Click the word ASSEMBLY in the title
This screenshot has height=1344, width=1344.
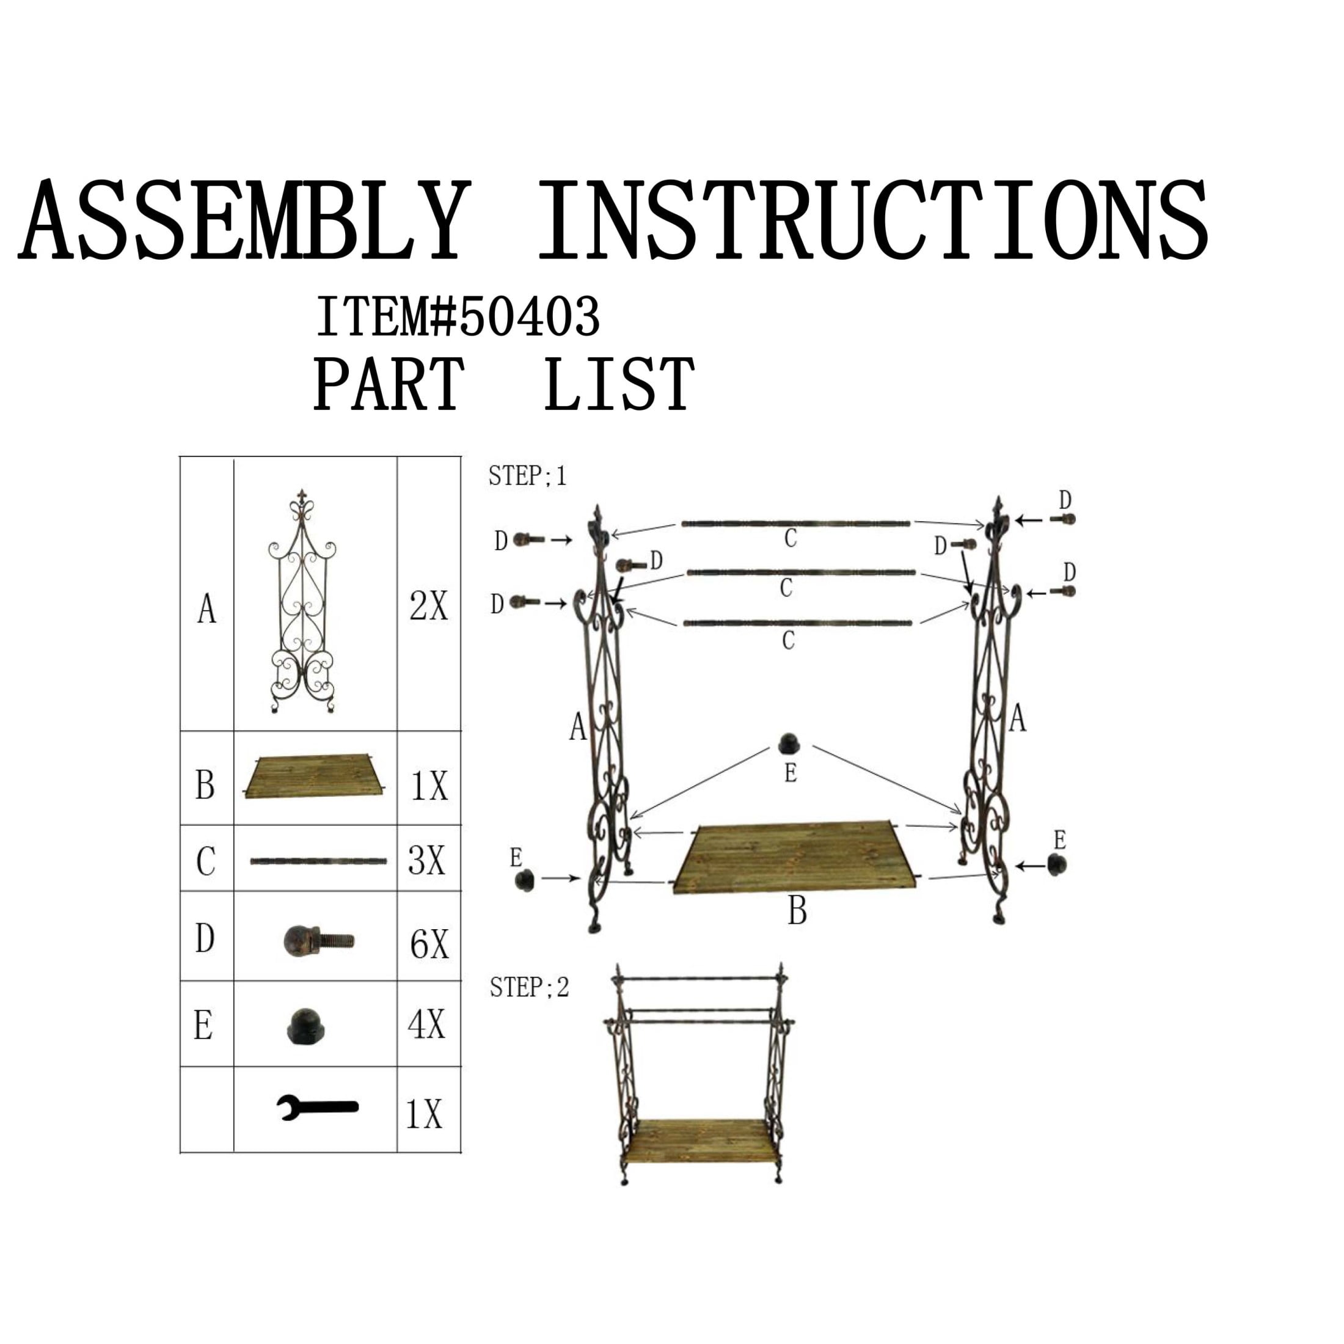[244, 221]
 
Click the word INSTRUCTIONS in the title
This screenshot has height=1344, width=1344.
[873, 221]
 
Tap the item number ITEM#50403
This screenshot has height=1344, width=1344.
[458, 316]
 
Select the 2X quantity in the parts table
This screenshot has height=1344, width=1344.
[428, 606]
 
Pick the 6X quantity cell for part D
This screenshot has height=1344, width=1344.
[429, 944]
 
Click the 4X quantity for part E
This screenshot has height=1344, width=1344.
[426, 1024]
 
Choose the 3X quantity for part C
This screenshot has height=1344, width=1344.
[426, 861]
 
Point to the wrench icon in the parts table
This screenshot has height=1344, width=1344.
[317, 1107]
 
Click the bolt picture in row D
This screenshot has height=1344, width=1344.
[319, 941]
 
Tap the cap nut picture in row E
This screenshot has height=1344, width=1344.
[306, 1027]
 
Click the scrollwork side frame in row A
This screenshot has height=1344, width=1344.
[302, 602]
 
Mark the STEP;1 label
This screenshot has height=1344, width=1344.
[527, 476]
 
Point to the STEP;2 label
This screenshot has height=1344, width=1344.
[530, 987]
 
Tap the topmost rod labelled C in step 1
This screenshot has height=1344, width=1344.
[795, 524]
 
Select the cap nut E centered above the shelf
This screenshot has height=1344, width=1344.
[788, 743]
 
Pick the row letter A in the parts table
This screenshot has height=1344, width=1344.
[206, 610]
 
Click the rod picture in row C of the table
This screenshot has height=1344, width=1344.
[319, 861]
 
